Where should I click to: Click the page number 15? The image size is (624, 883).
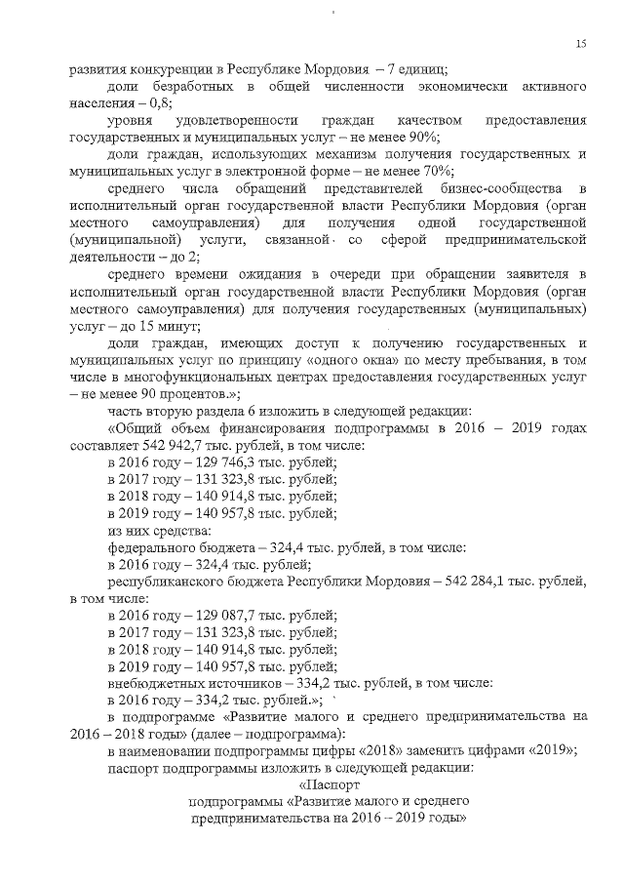point(580,43)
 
